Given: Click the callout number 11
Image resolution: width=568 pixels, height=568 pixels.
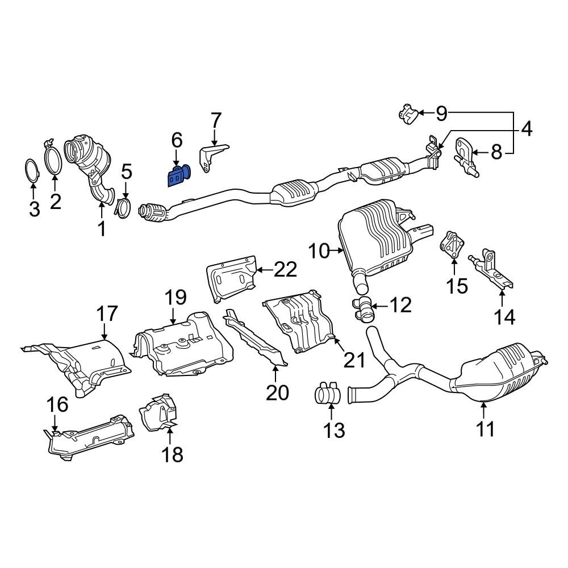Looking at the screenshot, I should click(486, 429).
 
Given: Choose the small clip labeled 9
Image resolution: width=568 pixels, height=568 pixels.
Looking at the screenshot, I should click(408, 114).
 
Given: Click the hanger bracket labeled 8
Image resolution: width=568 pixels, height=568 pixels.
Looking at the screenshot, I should click(465, 155).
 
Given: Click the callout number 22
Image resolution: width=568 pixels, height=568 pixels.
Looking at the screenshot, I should click(285, 269).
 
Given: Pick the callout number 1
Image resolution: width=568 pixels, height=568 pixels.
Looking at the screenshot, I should click(102, 229).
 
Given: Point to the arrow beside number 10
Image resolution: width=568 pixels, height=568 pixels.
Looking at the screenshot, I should click(339, 250).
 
